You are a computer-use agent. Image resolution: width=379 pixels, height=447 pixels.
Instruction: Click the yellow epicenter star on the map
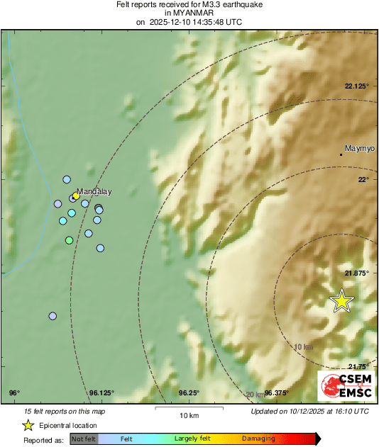click(x=342, y=301)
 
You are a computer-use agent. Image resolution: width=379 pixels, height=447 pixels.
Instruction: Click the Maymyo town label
click(x=359, y=149)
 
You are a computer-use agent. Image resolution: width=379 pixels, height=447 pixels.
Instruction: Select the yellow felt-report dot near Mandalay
click(x=76, y=196)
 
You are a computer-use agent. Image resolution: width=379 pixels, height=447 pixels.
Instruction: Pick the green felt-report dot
click(x=69, y=241)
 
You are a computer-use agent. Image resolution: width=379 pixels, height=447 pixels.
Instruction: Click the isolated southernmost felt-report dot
click(x=53, y=316)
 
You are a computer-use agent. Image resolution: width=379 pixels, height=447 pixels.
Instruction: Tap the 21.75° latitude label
click(x=359, y=366)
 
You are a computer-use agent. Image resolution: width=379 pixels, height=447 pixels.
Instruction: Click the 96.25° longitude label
click(x=188, y=392)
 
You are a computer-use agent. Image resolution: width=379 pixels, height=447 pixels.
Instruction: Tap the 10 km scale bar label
click(x=189, y=414)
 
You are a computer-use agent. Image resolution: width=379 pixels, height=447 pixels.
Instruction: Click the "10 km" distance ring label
click(x=303, y=346)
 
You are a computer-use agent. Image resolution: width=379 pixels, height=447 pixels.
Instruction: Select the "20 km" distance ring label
click(x=255, y=394)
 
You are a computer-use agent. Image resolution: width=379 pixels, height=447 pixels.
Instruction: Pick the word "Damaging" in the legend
click(x=258, y=439)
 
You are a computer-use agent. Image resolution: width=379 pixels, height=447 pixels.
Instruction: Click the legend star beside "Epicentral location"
click(x=28, y=425)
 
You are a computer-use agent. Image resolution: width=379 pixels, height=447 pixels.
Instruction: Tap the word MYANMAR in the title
click(x=189, y=13)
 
